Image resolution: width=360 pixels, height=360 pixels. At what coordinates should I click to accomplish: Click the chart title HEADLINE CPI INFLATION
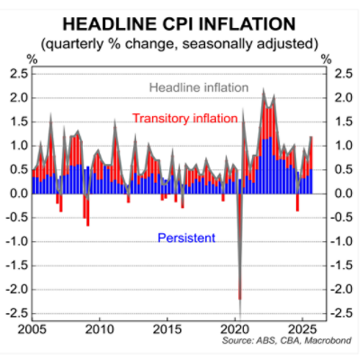coord(180,21)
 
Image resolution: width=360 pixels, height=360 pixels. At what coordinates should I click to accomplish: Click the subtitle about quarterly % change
coord(180,42)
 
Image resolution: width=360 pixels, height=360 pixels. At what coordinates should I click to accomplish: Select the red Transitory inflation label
coord(184,118)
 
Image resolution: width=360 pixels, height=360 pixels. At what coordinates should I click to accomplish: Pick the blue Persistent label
coord(185,238)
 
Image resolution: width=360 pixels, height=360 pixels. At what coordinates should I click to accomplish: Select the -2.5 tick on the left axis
coord(13,313)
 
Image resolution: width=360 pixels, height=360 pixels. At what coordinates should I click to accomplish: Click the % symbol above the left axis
coord(33,58)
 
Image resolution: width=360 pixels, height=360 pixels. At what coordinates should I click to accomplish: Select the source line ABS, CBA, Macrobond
coord(273,342)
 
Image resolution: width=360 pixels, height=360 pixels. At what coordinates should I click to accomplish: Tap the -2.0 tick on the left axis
coord(13,289)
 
